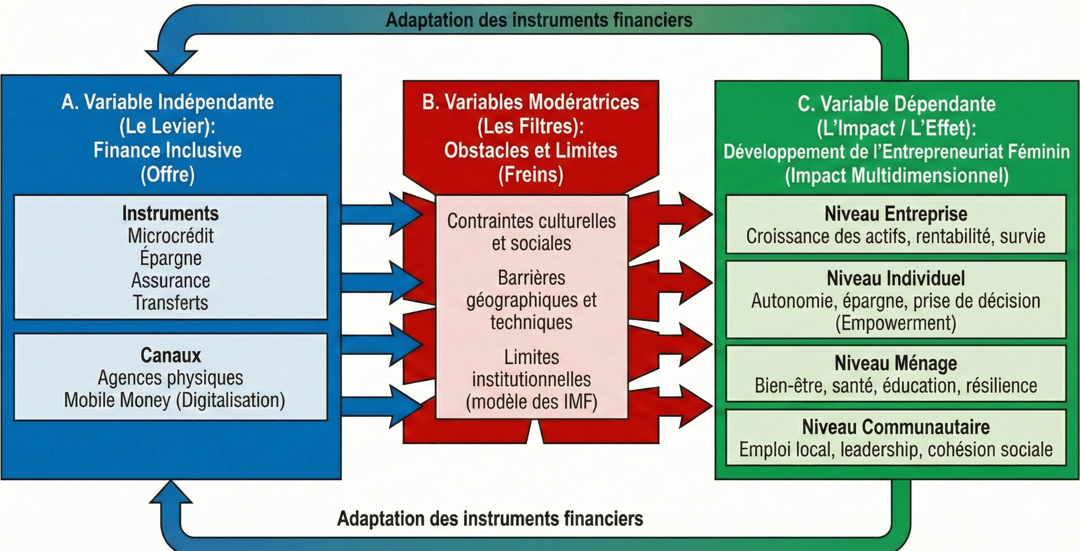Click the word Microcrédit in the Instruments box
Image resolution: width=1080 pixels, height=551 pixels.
coord(171,236)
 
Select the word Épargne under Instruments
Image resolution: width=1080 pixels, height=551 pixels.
coord(171,258)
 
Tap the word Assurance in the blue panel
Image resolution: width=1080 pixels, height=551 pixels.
coord(171,280)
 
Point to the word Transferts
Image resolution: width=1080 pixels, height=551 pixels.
coord(171,303)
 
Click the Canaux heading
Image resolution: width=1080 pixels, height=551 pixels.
coord(171,355)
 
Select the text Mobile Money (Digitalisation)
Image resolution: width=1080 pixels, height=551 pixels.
coord(175,400)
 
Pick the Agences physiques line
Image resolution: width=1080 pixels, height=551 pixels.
coord(170,378)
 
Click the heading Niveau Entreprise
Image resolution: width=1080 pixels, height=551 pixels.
coord(896,214)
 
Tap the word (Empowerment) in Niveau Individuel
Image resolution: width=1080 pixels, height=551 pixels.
coord(896,323)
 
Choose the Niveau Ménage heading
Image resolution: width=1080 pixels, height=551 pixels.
coord(896,363)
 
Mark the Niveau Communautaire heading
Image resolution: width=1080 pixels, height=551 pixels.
coord(896,427)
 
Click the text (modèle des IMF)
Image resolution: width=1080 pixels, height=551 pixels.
coord(532,402)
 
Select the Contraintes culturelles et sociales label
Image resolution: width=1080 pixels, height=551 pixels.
coord(532,232)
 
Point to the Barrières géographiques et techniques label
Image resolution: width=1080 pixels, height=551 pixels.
coord(532,300)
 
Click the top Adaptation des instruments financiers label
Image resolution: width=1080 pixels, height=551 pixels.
coord(539,20)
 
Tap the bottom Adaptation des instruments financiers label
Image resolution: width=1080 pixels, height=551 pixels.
coord(490,519)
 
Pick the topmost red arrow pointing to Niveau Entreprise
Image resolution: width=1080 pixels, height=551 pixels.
coord(688,214)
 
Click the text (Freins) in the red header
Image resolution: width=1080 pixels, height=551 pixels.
coord(531,175)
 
